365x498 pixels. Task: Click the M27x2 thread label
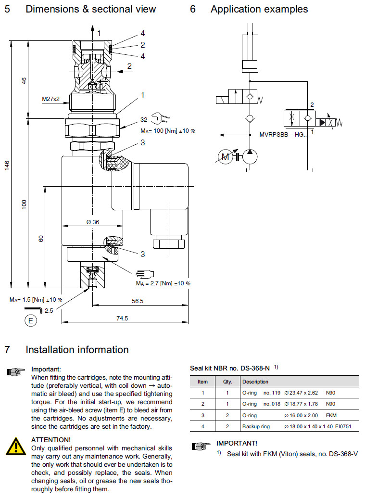click(50, 99)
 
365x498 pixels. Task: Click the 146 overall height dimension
click(6, 165)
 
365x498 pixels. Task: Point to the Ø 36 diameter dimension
click(92, 222)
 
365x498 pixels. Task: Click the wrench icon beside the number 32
click(157, 119)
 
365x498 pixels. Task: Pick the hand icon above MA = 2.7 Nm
click(144, 273)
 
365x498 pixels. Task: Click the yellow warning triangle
click(16, 445)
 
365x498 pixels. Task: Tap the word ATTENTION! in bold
click(51, 439)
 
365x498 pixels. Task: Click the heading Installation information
click(77, 350)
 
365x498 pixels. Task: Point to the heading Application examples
click(259, 9)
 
